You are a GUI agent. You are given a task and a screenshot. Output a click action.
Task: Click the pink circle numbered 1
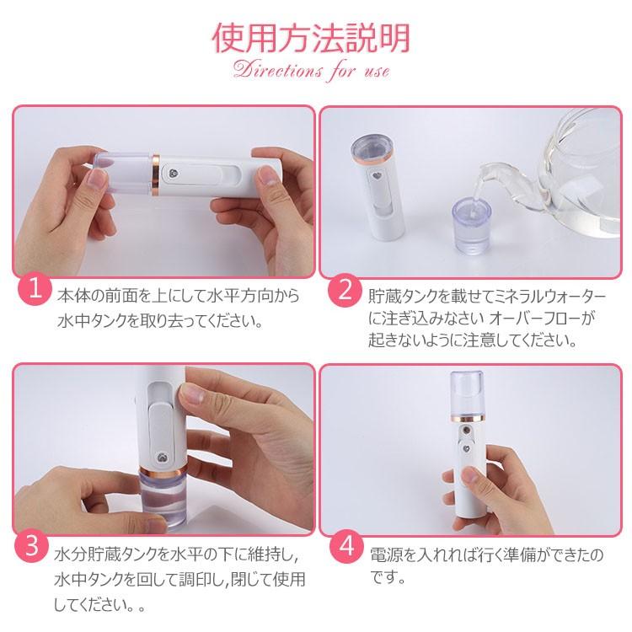[x=35, y=288]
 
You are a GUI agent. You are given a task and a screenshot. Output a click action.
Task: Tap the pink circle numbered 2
[x=344, y=290]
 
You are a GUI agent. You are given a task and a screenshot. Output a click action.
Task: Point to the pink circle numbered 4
[x=346, y=547]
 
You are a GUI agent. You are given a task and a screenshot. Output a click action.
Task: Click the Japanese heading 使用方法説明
[x=311, y=38]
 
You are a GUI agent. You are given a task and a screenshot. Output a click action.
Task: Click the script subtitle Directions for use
[x=311, y=71]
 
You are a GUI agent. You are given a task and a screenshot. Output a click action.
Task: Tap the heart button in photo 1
[x=174, y=174]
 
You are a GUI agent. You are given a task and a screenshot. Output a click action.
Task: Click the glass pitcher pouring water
[x=565, y=174]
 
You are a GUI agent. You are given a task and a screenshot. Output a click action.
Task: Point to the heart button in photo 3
[x=161, y=458]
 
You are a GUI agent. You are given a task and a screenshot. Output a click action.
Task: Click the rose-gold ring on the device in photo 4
[x=466, y=418]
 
